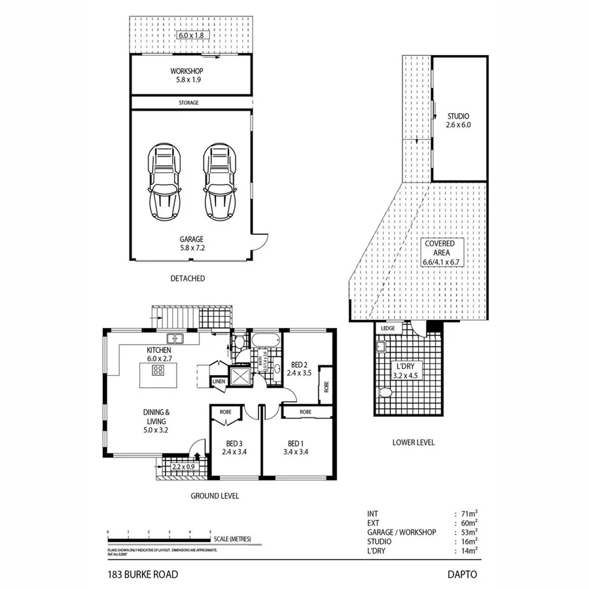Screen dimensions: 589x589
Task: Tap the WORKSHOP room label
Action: [187, 71]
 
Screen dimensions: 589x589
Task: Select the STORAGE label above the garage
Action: [188, 103]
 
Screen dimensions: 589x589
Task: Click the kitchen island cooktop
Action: [158, 370]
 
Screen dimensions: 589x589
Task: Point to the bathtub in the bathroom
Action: [266, 340]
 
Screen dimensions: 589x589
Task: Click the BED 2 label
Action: [299, 365]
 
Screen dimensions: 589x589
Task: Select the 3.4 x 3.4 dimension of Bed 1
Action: [296, 452]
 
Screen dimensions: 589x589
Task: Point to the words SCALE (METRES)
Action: [232, 539]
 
